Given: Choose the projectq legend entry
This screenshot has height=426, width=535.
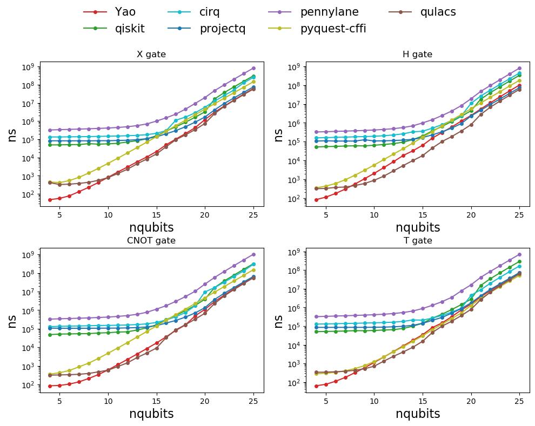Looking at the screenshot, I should (x=222, y=29).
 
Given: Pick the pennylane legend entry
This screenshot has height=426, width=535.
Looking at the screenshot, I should (x=329, y=12).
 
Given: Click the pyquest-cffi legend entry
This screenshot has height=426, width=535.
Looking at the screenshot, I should (x=333, y=29).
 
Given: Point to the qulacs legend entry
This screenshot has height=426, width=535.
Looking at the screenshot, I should (x=438, y=12).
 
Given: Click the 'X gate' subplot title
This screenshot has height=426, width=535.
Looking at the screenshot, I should (x=151, y=55).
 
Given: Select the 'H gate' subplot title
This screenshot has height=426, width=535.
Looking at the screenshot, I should (x=417, y=55).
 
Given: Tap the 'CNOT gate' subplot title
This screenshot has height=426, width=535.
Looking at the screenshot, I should (x=151, y=241).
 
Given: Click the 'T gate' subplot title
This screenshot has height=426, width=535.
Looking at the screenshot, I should (x=417, y=241).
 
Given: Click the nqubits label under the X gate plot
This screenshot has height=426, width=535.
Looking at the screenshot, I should (x=151, y=227).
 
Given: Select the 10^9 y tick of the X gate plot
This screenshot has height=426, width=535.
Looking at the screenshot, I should (x=28, y=67).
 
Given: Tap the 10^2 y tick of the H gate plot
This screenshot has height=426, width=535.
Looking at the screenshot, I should (x=294, y=199).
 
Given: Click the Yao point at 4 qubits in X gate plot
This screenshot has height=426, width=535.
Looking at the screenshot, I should (x=50, y=200).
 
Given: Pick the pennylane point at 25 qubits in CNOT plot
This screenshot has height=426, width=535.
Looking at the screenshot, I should (x=253, y=254).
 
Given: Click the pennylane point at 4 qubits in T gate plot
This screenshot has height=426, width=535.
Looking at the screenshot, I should (x=316, y=316).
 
